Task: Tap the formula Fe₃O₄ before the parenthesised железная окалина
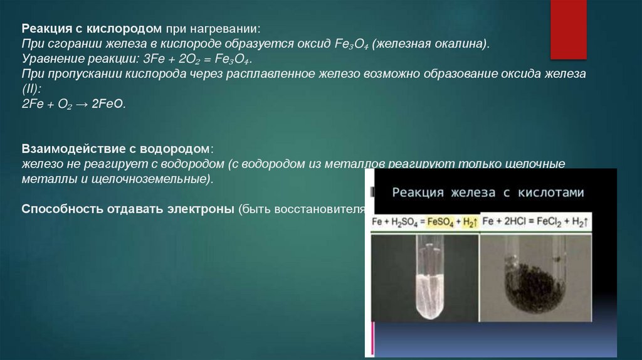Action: (354, 45)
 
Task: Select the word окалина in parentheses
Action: (460, 45)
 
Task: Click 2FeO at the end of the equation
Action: (110, 105)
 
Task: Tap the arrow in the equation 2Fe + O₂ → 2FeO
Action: (82, 105)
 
